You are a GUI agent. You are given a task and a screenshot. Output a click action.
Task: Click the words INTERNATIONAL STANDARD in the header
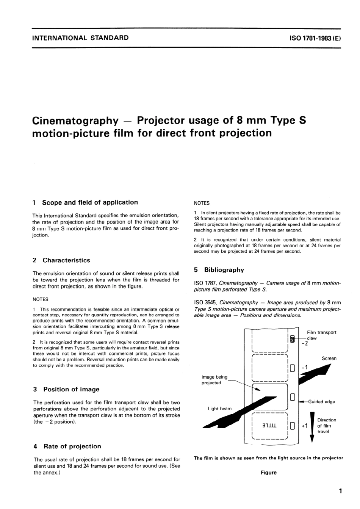[x=81, y=38]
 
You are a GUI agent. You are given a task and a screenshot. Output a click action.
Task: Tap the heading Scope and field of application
[x=90, y=202]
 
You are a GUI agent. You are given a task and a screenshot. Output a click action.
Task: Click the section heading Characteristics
[x=66, y=260]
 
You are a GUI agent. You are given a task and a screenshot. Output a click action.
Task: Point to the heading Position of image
[x=71, y=389]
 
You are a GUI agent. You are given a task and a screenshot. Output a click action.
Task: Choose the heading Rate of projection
[x=72, y=446]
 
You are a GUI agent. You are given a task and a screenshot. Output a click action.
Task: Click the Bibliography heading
[x=224, y=270]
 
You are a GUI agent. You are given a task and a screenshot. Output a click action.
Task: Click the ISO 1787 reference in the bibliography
[x=205, y=283]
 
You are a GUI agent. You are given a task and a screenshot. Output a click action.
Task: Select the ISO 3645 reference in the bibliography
[x=205, y=302]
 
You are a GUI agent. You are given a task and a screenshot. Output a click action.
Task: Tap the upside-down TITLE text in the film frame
[x=269, y=425]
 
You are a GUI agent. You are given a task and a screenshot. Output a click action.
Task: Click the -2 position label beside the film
[x=304, y=344]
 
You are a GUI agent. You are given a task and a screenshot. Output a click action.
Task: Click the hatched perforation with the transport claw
[x=292, y=339]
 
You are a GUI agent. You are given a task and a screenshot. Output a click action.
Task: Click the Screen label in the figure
[x=329, y=358]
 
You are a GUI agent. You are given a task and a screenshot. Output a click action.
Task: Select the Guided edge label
[x=321, y=402]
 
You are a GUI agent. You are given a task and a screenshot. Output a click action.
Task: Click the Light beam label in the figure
[x=219, y=409]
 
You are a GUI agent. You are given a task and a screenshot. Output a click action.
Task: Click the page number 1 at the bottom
[x=340, y=491]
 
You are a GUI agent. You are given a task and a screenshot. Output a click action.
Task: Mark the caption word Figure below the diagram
[x=268, y=473]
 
